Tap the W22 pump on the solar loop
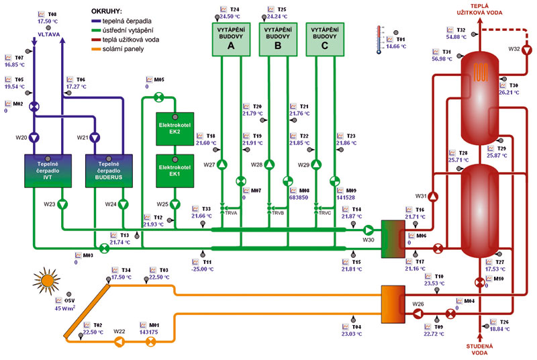click(x=119, y=341)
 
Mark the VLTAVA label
click(x=48, y=32)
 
